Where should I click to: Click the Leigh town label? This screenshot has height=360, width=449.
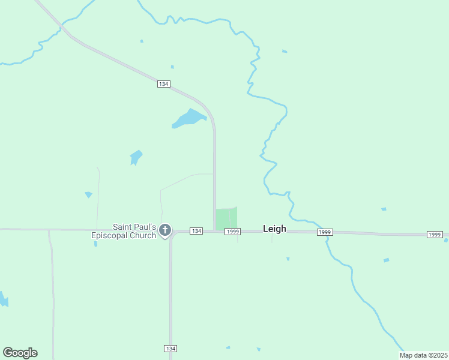(x=274, y=229)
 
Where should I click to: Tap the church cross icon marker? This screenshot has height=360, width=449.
(x=164, y=230)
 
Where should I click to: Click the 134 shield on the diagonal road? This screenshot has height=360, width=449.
(x=163, y=84)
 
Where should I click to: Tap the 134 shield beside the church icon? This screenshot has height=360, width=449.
(x=196, y=231)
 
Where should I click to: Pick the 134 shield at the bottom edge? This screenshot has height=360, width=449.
(x=170, y=349)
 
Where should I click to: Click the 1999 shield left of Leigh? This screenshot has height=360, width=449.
(x=233, y=232)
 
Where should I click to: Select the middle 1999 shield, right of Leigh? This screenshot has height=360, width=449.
(x=325, y=232)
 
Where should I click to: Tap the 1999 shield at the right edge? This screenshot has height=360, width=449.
(x=435, y=234)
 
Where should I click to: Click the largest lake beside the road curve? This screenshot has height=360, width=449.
(x=189, y=118)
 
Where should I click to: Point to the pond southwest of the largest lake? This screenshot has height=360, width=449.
(x=136, y=157)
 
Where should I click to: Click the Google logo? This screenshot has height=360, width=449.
(x=20, y=353)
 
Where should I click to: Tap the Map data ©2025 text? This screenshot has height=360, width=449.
(x=424, y=355)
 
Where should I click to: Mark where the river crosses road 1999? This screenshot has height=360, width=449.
(x=326, y=233)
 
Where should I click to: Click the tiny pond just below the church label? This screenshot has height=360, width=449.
(x=95, y=244)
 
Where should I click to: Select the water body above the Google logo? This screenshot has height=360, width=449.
(x=4, y=299)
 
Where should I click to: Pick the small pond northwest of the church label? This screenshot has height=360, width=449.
(x=88, y=194)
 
